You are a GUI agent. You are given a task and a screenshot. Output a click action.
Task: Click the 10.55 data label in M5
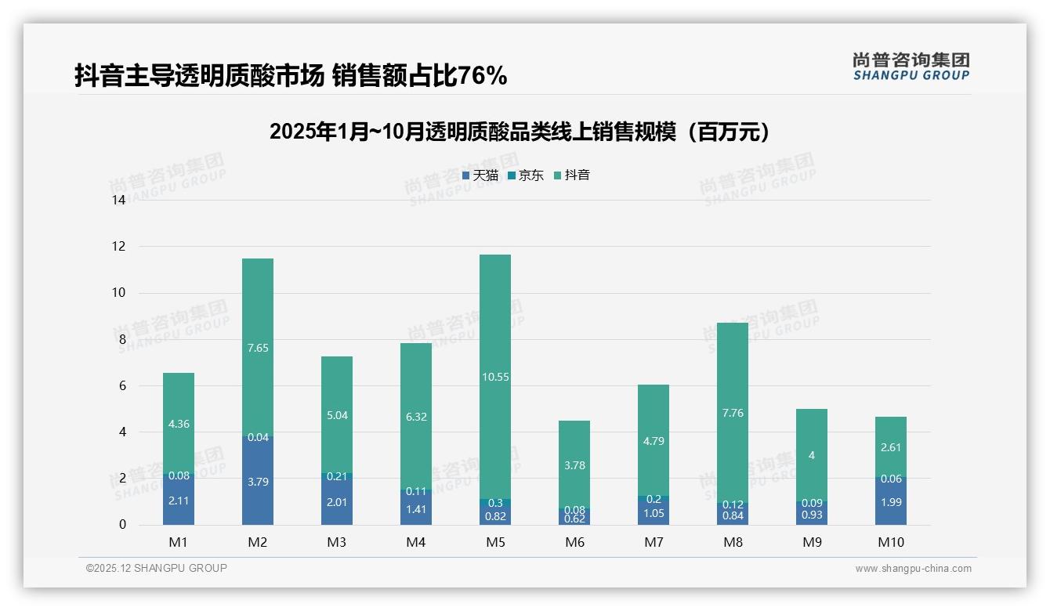coord(494,377)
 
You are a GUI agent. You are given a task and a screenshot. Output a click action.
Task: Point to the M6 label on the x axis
coord(574,542)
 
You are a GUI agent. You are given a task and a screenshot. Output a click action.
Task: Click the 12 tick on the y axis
coord(119,246)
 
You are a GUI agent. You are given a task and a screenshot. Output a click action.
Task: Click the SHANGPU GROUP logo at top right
coord(911,66)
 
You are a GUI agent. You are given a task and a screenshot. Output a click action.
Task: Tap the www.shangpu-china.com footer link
coord(913,569)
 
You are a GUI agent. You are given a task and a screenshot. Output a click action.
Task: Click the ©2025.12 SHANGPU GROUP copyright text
coord(156,568)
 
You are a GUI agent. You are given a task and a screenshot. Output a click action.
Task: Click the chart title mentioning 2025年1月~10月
coord(519,132)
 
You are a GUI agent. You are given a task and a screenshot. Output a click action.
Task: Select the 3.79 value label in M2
coord(258,482)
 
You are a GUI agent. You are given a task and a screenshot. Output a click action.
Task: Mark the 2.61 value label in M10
coord(890,447)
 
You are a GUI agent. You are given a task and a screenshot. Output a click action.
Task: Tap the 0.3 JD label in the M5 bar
coord(494,503)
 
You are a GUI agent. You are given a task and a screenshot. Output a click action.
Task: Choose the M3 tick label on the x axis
coord(336,542)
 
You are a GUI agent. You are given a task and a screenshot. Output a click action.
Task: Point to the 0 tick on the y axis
coord(122,525)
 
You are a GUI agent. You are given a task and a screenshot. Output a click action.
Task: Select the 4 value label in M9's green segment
coord(811,455)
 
